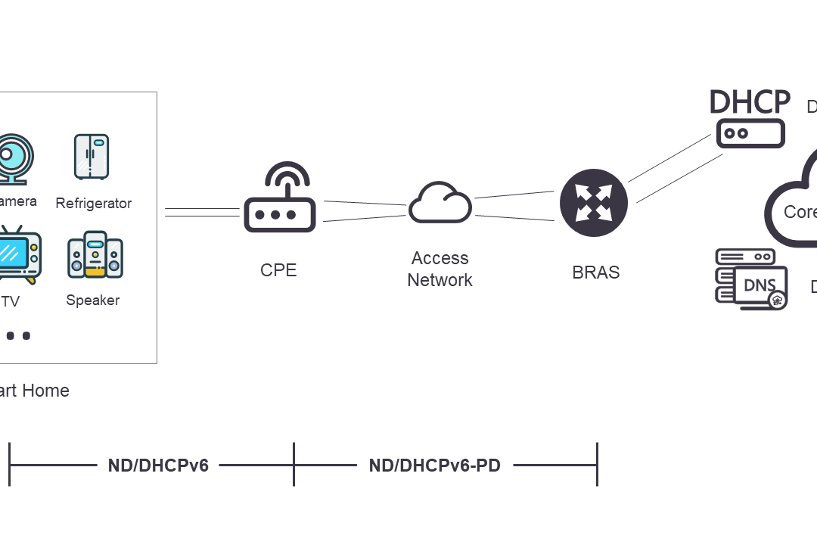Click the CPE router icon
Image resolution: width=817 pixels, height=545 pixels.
pos(279,212)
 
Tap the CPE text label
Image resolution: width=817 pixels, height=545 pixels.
pos(278,270)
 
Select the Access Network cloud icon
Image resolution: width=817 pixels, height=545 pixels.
pos(440,203)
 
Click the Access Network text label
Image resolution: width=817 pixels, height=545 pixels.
pos(440,269)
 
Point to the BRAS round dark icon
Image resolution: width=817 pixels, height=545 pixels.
pos(594,204)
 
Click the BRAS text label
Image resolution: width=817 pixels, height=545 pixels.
pos(596,272)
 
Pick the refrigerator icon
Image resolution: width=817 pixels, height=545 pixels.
pos(92,157)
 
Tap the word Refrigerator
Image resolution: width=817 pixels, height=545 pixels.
pos(94,204)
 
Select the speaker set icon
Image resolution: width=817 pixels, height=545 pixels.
pos(95,254)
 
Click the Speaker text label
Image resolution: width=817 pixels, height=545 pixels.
pos(92,301)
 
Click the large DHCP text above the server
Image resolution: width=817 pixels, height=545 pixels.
pos(750,101)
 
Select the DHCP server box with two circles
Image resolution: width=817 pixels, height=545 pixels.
pos(750,133)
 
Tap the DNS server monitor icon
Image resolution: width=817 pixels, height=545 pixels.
pos(752,279)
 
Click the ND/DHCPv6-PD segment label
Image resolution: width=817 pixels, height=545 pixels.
pos(434,466)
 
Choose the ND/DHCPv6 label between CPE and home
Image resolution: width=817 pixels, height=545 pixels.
pos(158,466)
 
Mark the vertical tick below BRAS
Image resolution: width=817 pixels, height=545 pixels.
pos(598,465)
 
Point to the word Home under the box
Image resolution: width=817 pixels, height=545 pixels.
pos(45,391)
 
